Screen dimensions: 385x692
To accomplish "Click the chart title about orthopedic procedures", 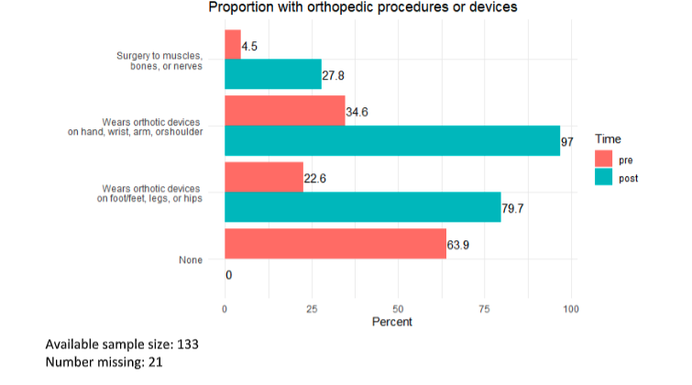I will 363,8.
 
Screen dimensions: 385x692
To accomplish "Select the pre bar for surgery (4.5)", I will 232,45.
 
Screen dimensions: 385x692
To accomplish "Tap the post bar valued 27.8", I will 272,73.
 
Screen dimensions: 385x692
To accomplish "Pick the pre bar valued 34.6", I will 284,111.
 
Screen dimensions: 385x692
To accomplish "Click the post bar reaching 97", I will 391,140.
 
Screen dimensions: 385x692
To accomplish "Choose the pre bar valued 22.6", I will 263,178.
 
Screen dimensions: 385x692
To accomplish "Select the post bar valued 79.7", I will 362,206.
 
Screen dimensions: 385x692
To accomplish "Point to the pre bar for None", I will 335,244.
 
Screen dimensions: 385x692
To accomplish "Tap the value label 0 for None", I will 229,274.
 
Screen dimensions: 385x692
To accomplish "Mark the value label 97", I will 568,141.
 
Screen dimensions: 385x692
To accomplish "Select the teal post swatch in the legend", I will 603,178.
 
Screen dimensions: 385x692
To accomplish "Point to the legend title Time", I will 610,138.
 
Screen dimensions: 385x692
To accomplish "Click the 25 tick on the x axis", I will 312,309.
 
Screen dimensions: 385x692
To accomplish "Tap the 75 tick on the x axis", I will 484,309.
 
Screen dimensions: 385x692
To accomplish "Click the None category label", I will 191,260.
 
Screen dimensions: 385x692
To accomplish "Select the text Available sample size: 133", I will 122,345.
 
